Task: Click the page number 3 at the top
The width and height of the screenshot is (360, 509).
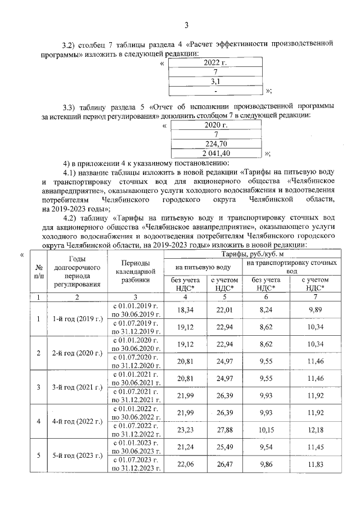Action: pos(186,24)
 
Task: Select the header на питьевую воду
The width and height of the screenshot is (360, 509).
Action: pos(203,267)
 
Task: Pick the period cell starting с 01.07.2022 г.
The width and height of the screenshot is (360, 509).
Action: pos(136,430)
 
